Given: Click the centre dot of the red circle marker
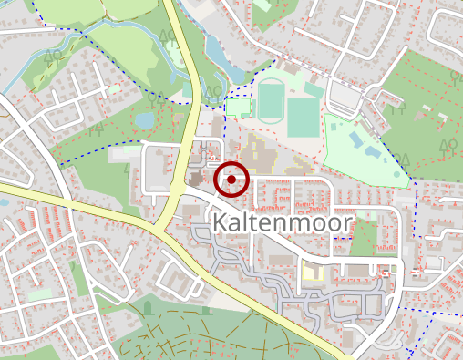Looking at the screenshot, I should point(232,179).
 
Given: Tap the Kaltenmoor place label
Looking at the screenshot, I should point(282,224).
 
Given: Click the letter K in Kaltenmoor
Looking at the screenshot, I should point(221,224).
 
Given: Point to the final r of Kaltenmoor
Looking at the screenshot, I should point(347,225).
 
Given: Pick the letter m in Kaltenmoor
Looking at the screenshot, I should point(294,225).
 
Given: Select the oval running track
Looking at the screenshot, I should point(271,100).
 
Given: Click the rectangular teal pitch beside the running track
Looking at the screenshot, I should point(303,117).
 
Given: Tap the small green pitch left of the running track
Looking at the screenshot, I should point(239,107).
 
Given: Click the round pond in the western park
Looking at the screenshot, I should point(144,118).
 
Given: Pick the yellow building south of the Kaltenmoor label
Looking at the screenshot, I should point(312,273).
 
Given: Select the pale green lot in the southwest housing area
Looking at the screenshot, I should point(40,294).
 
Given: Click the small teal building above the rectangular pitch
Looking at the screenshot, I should point(314,90).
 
